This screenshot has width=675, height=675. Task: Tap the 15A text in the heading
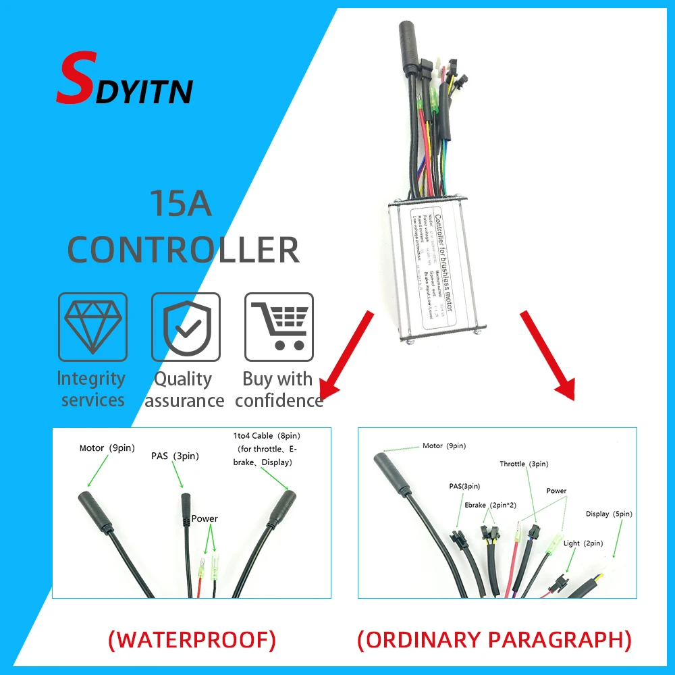click(x=180, y=204)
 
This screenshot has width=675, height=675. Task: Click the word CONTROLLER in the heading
click(x=183, y=250)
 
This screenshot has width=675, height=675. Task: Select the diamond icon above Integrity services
click(x=92, y=327)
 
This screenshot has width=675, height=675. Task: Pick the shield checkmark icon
click(x=185, y=327)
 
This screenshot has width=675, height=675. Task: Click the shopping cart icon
click(x=278, y=327)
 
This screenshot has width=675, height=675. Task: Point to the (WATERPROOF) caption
click(x=192, y=640)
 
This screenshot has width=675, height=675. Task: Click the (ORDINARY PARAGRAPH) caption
click(x=494, y=640)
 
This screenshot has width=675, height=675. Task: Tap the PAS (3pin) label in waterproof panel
click(x=175, y=456)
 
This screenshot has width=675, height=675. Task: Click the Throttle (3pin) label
click(x=524, y=464)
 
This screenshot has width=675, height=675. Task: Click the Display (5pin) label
click(x=609, y=514)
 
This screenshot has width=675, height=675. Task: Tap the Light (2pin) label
click(x=584, y=543)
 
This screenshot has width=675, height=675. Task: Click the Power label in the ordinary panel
click(x=556, y=491)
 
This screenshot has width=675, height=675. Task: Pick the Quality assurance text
click(x=184, y=389)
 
